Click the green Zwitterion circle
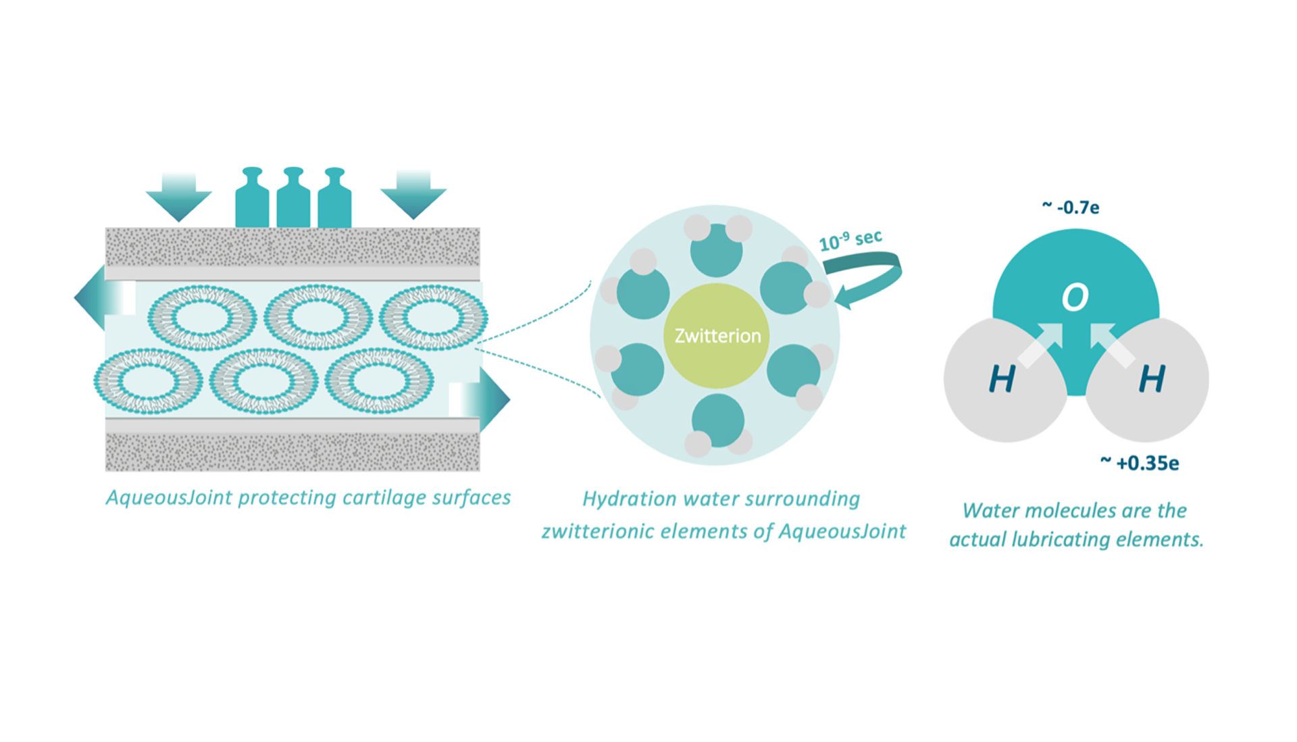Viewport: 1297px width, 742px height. pyautogui.click(x=717, y=335)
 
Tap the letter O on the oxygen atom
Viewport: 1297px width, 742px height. pyautogui.click(x=1075, y=297)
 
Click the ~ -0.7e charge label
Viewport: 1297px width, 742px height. pyautogui.click(x=1071, y=207)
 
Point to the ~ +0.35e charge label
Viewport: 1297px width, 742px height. pyautogui.click(x=1140, y=463)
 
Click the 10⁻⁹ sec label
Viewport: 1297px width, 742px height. pyautogui.click(x=850, y=240)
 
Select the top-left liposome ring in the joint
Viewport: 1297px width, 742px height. pyautogui.click(x=202, y=317)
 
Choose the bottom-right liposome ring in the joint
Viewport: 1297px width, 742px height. pyautogui.click(x=379, y=380)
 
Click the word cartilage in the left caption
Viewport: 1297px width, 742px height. pyautogui.click(x=383, y=497)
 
